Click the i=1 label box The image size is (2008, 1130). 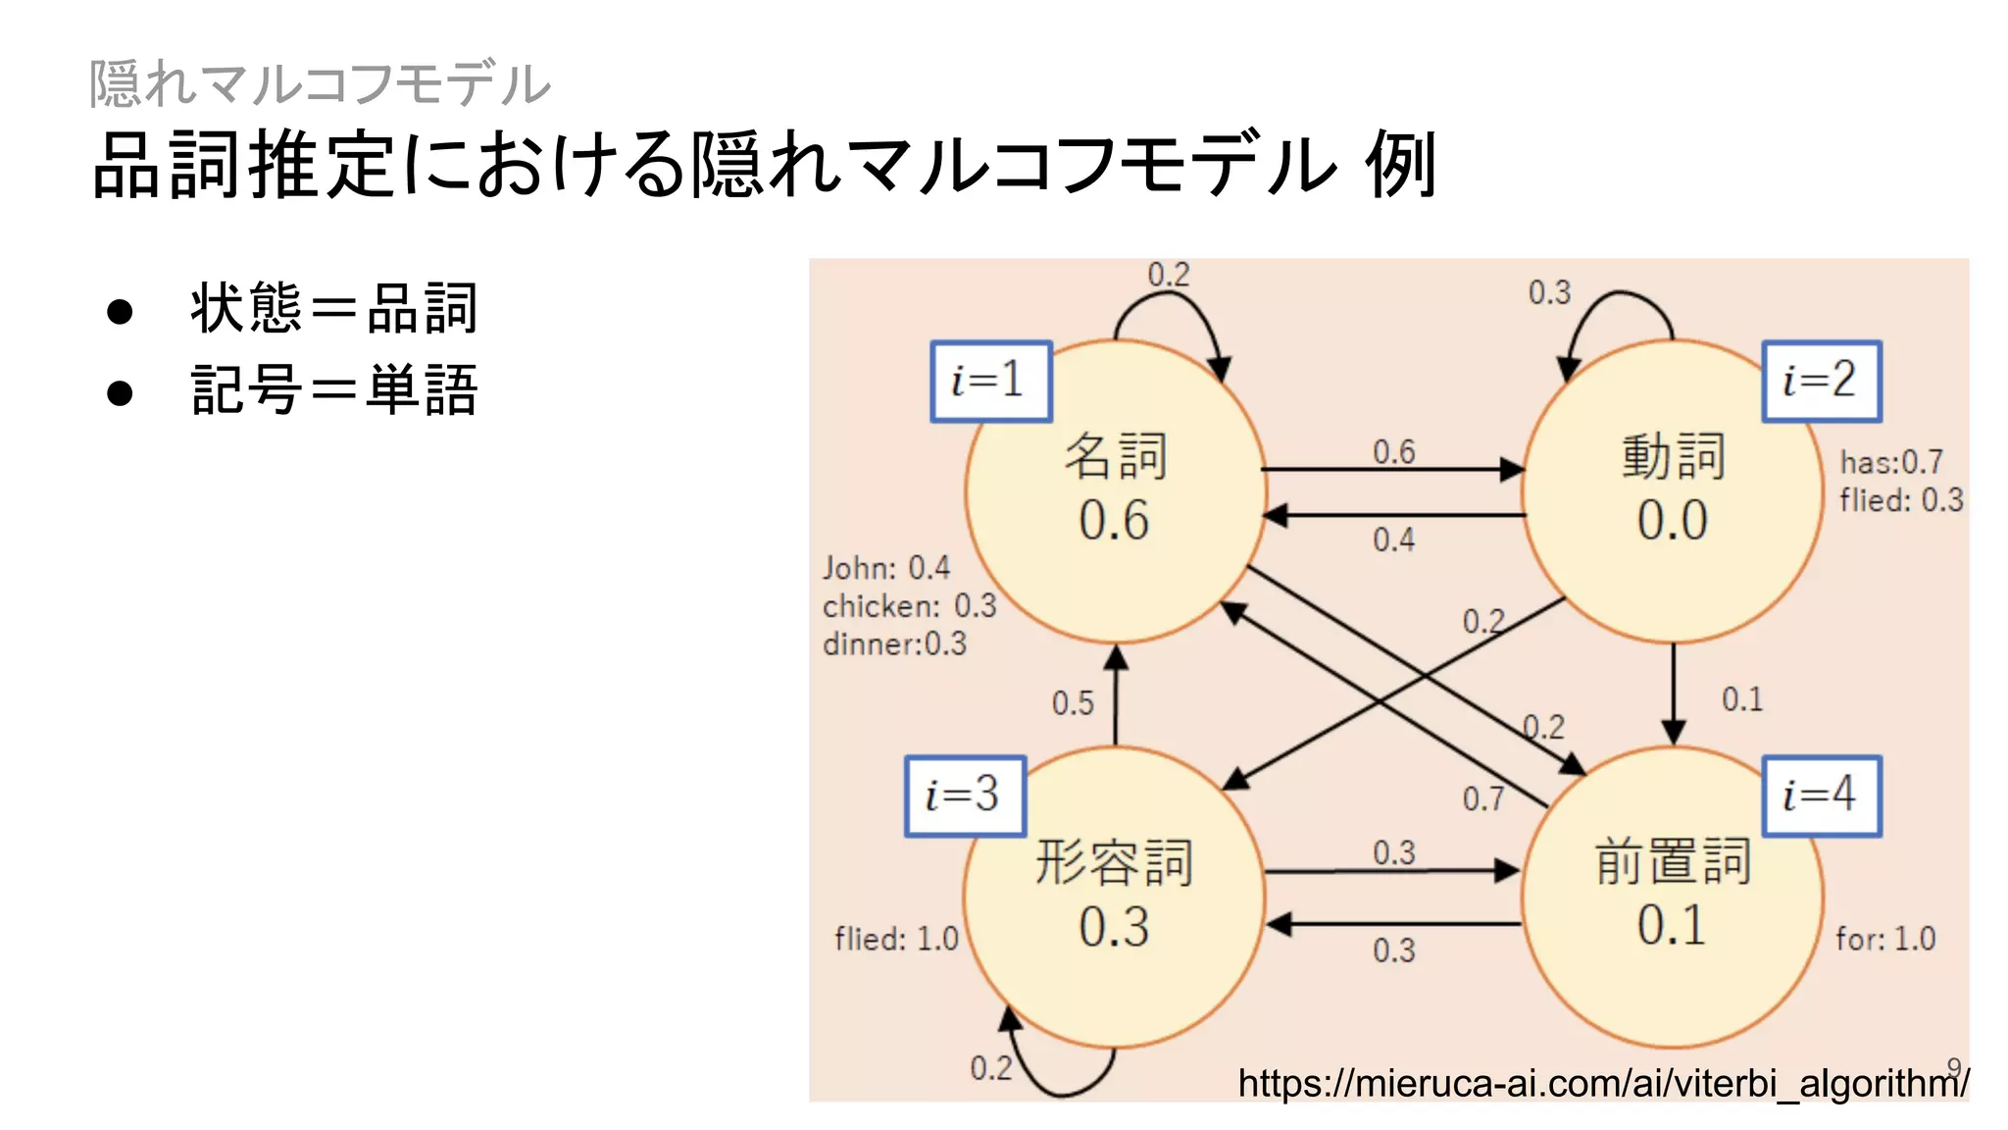point(990,381)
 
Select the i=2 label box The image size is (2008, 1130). point(1821,381)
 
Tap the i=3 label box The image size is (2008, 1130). point(965,796)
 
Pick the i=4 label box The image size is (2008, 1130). point(1821,796)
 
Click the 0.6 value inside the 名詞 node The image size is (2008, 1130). point(1114,520)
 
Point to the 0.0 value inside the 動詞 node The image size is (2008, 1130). point(1672,520)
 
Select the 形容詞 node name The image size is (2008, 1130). point(1114,863)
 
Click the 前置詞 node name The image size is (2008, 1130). point(1672,861)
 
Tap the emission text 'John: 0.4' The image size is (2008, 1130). point(886,568)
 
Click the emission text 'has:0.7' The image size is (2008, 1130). point(1890,462)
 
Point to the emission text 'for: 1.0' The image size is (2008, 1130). point(1885,939)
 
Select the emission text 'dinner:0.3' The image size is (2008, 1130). point(894,644)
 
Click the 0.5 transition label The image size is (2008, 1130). point(1073,703)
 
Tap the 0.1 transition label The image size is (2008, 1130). point(1742,699)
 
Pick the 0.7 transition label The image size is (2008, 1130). point(1483,799)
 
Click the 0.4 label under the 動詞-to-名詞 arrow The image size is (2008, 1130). point(1393,539)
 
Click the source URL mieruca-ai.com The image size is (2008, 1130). point(1602,1084)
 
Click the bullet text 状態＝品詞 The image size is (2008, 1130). point(333,309)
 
